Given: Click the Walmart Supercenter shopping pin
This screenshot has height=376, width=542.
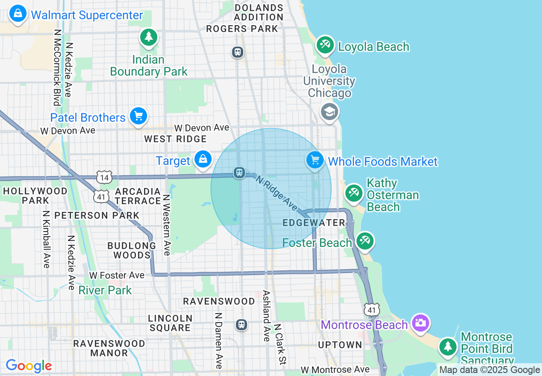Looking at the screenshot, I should pos(18,14).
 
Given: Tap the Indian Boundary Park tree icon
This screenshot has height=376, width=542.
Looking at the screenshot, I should pos(149,37).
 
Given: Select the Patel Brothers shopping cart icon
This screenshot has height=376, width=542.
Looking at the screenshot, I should pos(138,116).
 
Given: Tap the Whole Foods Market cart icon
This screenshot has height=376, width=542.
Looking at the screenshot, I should pos(315,160).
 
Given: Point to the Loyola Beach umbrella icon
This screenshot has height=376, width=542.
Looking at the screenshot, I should pos(325,45).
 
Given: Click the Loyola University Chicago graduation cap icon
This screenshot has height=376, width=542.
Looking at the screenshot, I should pos(330,112).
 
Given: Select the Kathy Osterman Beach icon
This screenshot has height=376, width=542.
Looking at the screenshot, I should pos(354,193).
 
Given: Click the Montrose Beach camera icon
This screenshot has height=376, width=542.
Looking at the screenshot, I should pos(420,323).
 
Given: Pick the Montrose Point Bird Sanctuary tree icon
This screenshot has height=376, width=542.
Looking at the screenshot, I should pos(448,346).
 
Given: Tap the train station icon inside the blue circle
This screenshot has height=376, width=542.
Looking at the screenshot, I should pos(239,173).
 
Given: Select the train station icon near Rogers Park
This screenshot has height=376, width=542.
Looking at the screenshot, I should pos(238,52).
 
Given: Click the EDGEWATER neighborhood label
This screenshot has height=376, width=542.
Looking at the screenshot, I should pos(314,223).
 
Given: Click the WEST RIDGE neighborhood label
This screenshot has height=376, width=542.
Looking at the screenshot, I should pos(175,139).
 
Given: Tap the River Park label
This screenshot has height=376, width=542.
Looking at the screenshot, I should pos(105,290).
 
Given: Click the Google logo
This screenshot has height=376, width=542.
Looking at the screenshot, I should pos(29,366).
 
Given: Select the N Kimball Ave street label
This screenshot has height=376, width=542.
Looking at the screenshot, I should pos(46,239).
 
